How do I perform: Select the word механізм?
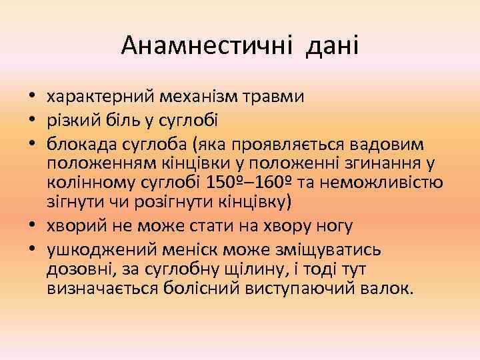point(207,97)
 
